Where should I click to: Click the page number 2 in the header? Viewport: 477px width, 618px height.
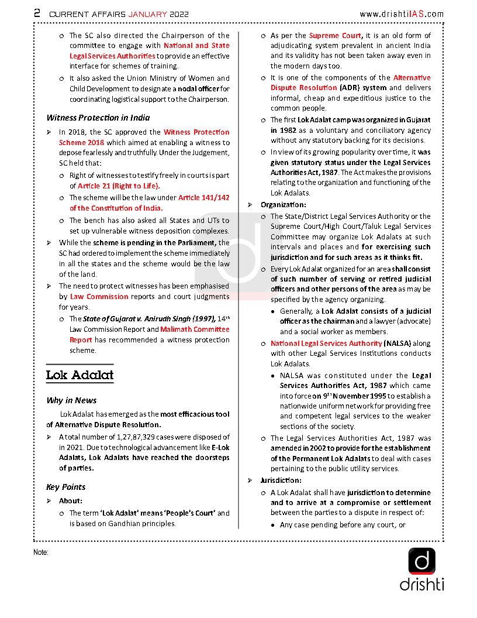click(37, 13)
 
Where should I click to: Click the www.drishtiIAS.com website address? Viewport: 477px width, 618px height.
click(401, 14)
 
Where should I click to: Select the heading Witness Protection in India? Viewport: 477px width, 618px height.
click(98, 118)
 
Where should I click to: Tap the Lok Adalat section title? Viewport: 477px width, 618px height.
click(79, 375)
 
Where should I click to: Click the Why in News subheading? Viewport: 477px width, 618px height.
click(71, 401)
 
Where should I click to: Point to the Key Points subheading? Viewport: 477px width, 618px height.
click(66, 487)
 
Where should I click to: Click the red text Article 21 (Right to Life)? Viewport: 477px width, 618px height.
click(119, 186)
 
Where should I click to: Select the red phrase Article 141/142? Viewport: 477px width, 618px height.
click(204, 198)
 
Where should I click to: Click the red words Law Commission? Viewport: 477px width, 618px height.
click(99, 297)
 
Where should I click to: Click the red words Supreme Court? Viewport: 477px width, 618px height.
click(336, 36)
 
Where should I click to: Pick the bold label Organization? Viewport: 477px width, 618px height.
click(283, 205)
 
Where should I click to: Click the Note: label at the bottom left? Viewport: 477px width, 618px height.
click(41, 552)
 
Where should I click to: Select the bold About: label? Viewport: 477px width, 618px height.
click(71, 501)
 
